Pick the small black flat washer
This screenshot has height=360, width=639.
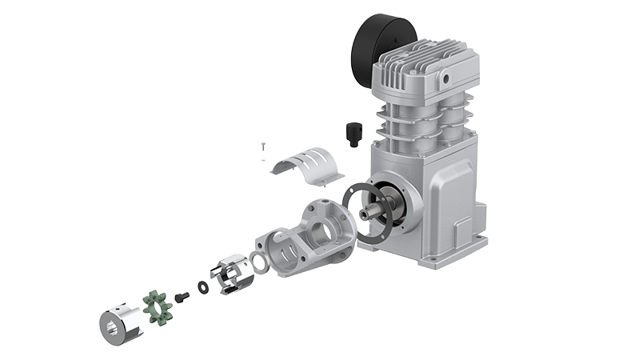click(201, 286)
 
